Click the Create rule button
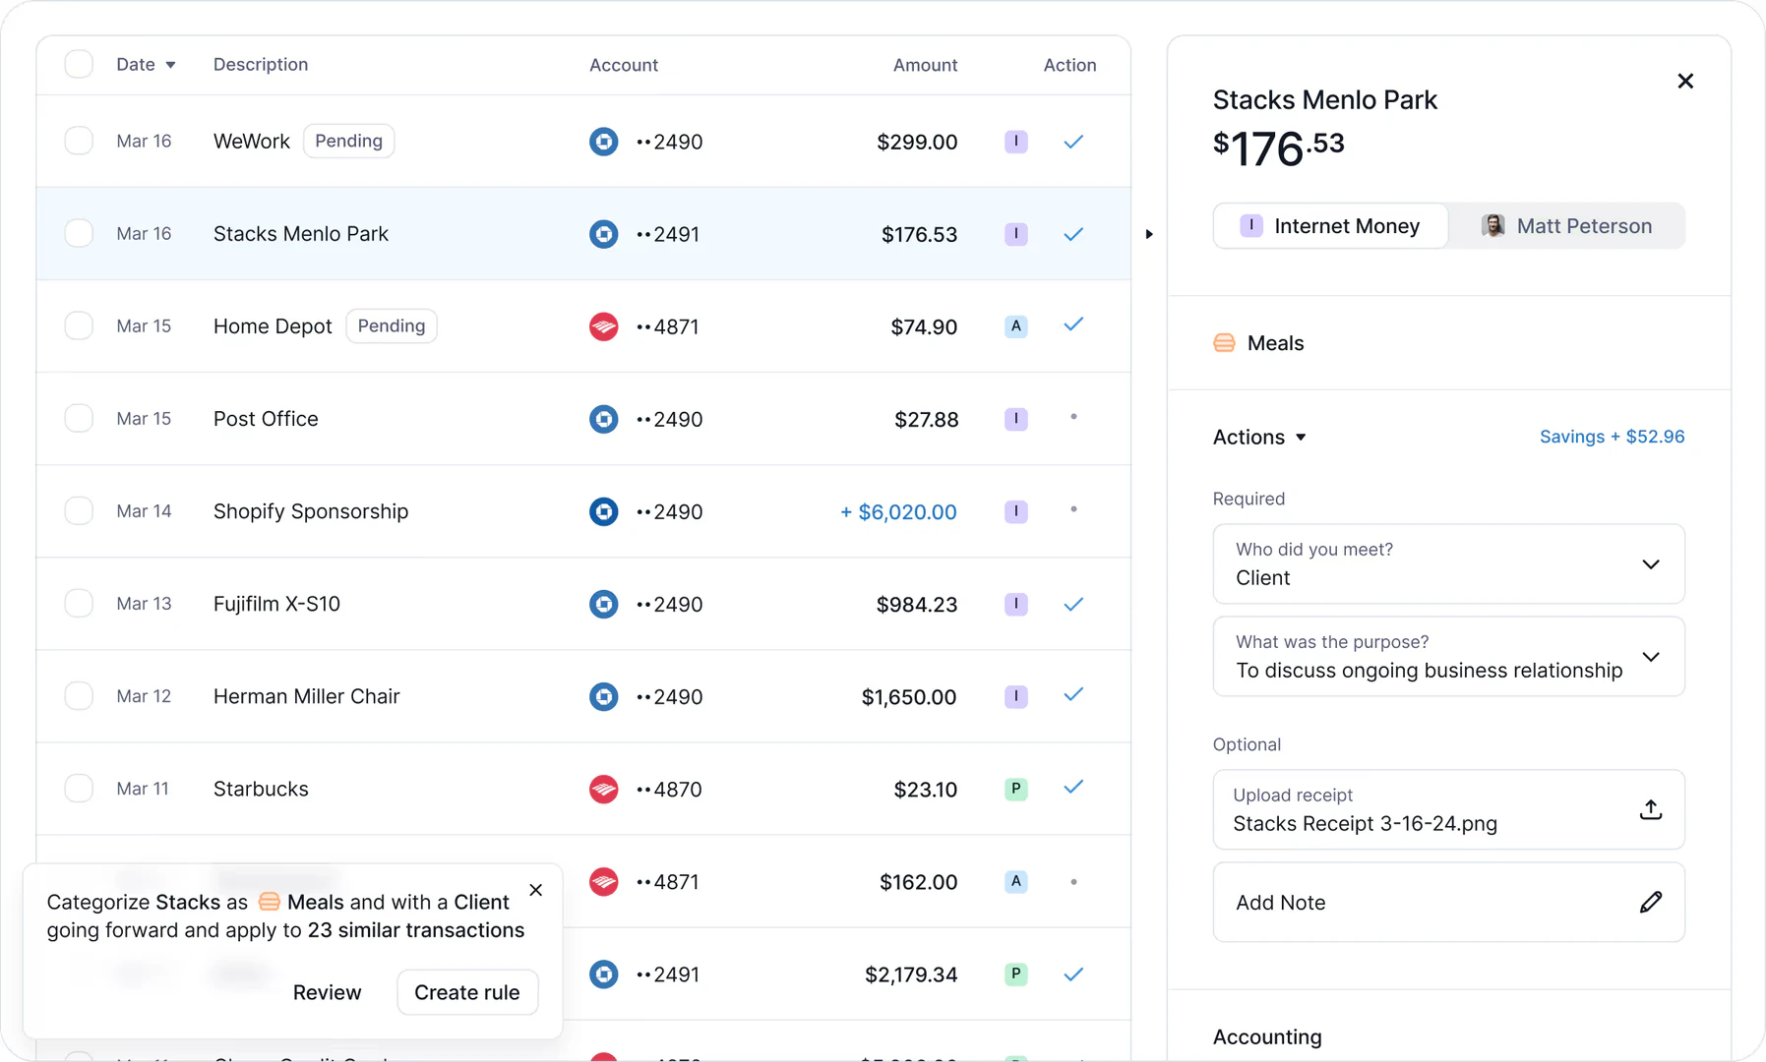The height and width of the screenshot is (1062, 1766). [x=466, y=992]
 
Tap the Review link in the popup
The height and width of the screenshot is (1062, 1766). [x=327, y=992]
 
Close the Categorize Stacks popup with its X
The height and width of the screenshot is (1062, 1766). [x=535, y=890]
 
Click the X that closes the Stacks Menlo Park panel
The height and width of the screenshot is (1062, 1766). [x=1684, y=81]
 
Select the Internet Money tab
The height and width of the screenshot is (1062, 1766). [x=1330, y=226]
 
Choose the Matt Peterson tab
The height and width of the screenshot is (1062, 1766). [x=1566, y=226]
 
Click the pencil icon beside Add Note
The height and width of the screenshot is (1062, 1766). [x=1650, y=902]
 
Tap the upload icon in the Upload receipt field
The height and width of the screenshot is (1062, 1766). [x=1650, y=809]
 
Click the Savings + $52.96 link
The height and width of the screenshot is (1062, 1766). [x=1612, y=437]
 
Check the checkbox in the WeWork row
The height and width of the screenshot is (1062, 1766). [x=79, y=141]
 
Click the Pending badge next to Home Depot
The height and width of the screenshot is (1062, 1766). [x=391, y=325]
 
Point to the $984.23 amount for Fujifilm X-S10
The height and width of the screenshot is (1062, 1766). [x=916, y=604]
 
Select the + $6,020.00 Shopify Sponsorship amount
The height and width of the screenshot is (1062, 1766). [x=897, y=511]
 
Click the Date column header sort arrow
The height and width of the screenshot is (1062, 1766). [x=170, y=65]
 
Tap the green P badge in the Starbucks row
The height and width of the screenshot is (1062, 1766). [x=1015, y=789]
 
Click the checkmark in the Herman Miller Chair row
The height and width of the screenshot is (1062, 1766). [x=1073, y=695]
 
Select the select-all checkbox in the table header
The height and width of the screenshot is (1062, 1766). [x=79, y=64]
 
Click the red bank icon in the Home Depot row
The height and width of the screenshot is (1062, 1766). [x=603, y=326]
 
